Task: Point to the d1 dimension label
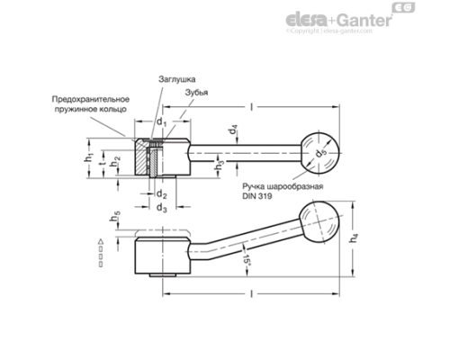click(x=161, y=121)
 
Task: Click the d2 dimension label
click(x=162, y=193)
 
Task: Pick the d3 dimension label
click(x=162, y=208)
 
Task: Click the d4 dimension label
click(x=233, y=132)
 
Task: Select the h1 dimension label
click(x=89, y=157)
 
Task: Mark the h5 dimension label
click(x=117, y=217)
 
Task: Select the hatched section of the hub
click(x=145, y=158)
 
